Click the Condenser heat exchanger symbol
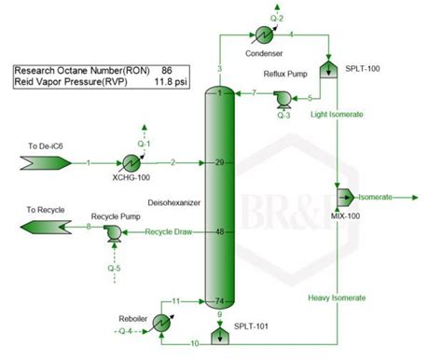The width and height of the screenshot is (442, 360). pos(263,35)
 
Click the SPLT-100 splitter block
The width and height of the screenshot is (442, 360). pos(328,69)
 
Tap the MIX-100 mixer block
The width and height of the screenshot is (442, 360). pos(342,197)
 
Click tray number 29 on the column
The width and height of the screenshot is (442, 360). pos(220,163)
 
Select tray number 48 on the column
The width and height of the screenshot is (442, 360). pos(220,231)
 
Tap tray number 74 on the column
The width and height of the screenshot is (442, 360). pos(220,300)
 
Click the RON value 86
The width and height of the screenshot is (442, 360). pos(166,70)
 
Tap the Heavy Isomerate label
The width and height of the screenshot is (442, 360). pos(336,298)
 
